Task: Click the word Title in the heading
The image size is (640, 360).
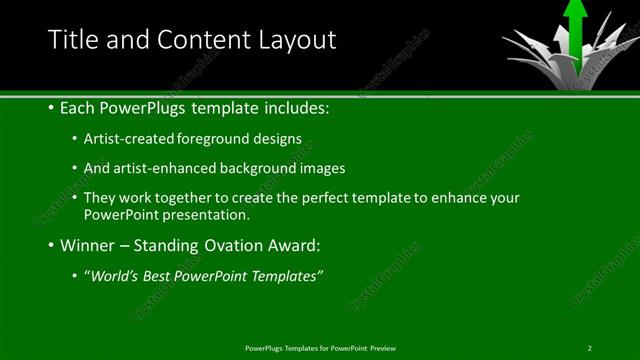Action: point(73,40)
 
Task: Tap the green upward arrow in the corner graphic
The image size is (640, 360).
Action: point(575,25)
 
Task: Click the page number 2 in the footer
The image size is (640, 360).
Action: point(590,348)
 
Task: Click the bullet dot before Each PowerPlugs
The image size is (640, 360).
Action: point(51,107)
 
